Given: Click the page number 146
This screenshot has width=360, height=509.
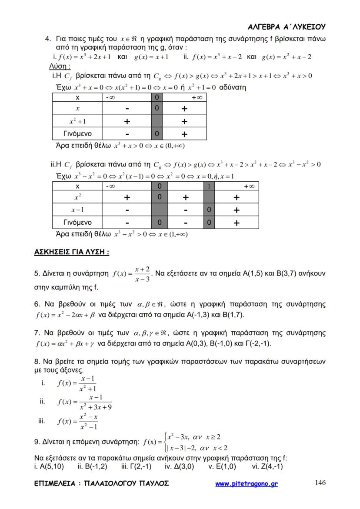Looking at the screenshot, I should pos(320,482).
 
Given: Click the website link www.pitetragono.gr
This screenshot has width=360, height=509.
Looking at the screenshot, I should pos(247,484).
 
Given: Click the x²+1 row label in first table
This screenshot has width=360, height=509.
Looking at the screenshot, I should pos(77,122).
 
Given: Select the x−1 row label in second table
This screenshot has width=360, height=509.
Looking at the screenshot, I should pos(77,210).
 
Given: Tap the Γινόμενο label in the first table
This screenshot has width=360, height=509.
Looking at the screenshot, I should pos(77,133).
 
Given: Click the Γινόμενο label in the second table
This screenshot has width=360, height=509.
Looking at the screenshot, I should pos(77,223).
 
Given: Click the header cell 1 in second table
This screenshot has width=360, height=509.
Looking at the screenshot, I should pos(209,186).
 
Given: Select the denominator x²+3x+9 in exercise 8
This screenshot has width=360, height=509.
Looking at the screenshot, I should pos(96,407).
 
